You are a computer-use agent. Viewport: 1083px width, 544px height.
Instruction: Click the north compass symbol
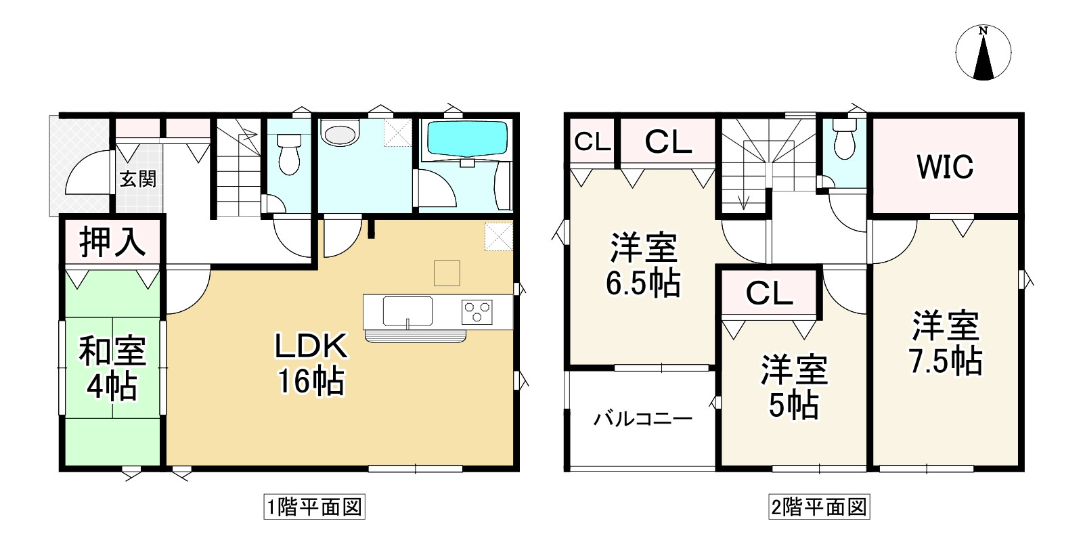(x=983, y=53)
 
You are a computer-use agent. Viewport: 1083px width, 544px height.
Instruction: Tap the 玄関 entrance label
(x=138, y=179)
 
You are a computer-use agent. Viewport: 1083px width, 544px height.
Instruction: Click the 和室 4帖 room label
(x=112, y=369)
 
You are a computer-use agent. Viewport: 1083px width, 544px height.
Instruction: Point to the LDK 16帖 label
(x=311, y=363)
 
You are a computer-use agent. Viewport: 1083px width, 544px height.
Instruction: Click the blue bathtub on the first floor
(x=467, y=139)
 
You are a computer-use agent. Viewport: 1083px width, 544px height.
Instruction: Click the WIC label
(x=945, y=166)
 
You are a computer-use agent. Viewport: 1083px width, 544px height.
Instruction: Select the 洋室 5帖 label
(x=794, y=386)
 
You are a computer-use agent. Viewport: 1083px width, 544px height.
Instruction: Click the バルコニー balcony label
(x=642, y=420)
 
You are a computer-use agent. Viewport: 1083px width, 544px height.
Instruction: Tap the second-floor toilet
(x=844, y=141)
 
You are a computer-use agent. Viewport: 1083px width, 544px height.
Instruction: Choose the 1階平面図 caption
(x=314, y=507)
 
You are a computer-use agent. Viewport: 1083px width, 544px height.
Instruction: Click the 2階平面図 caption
(x=819, y=507)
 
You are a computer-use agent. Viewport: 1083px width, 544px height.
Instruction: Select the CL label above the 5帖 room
(x=769, y=293)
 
